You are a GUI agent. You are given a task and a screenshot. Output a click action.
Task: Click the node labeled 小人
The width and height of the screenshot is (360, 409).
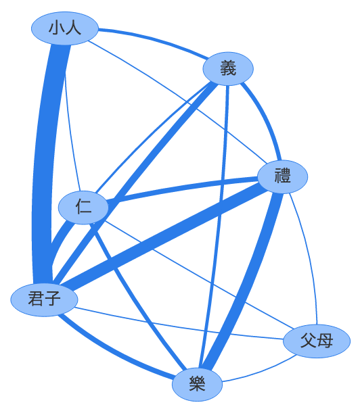pyautogui.click(x=65, y=28)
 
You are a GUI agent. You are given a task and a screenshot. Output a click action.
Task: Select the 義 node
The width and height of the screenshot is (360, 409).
pyautogui.click(x=228, y=68)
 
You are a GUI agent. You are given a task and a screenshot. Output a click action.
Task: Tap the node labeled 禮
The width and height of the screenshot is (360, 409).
pyautogui.click(x=282, y=176)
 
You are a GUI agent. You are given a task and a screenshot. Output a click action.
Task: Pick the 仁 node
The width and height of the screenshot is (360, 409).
pyautogui.click(x=83, y=208)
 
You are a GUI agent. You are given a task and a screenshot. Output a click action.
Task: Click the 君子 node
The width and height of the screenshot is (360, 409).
pyautogui.click(x=44, y=299)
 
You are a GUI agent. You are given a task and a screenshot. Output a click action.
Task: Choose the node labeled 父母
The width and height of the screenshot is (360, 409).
pyautogui.click(x=317, y=341)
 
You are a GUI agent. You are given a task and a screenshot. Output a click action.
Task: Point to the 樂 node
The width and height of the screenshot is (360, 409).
pyautogui.click(x=197, y=384)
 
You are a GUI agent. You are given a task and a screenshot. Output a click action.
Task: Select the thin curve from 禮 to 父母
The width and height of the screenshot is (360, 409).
pyautogui.click(x=309, y=257)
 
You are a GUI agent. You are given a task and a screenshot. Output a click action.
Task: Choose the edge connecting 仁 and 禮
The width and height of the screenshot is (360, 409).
pyautogui.click(x=183, y=189)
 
